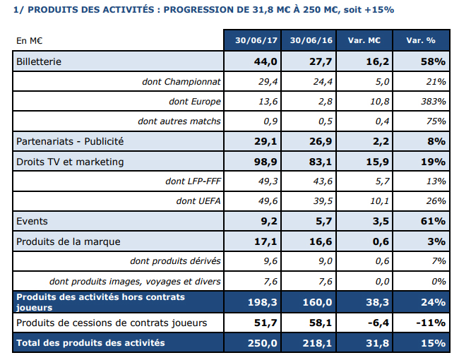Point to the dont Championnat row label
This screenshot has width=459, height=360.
[181, 82]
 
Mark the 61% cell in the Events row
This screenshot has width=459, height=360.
[432, 222]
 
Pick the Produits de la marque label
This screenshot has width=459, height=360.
[68, 241]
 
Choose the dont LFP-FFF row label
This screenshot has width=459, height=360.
[193, 182]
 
